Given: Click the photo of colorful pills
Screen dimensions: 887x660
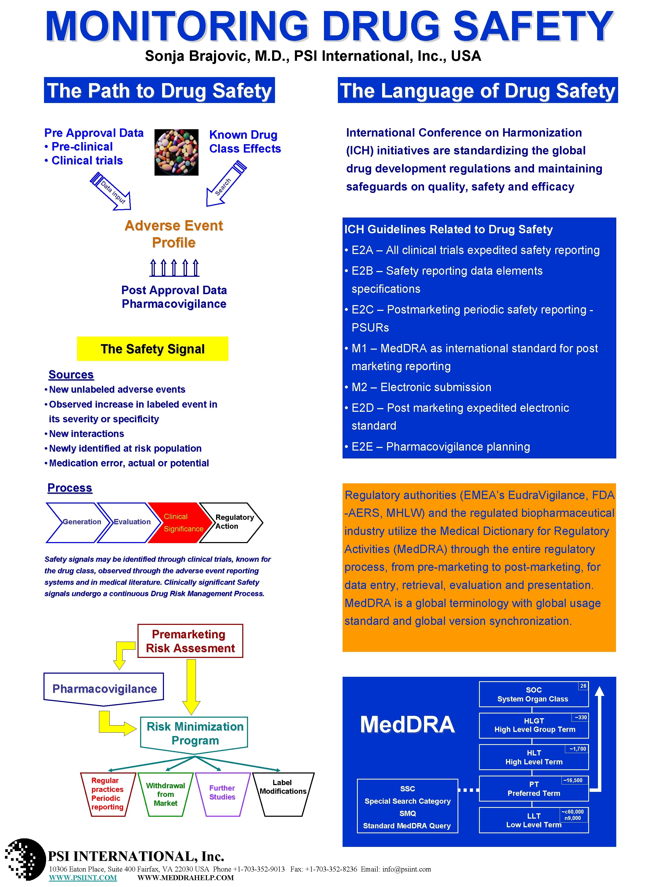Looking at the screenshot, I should point(176,152).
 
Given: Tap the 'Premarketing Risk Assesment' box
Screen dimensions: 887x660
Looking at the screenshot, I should point(190,641).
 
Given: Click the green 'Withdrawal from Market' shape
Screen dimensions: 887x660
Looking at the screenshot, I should point(166,794).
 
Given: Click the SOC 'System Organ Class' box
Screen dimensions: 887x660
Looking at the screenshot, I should point(533,694).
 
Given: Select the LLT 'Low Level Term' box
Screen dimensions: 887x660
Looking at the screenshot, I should point(533,820).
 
